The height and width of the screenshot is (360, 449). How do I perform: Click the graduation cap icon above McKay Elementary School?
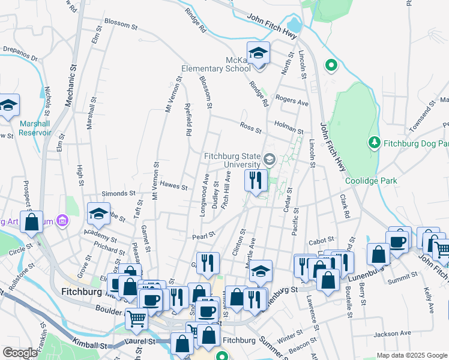[258, 53]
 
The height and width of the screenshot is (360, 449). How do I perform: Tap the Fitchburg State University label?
[231, 160]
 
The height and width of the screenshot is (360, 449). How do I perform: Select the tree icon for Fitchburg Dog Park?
[374, 143]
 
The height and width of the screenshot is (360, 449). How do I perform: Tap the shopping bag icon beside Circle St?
[32, 221]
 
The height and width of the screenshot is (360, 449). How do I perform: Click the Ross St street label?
[250, 130]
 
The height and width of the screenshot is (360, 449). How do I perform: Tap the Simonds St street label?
[118, 194]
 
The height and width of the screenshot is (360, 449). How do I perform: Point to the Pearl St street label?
[203, 236]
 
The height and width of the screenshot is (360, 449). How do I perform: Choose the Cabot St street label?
[321, 241]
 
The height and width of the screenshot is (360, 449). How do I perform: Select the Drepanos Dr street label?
[20, 54]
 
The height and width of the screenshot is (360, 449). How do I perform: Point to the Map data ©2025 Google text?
[412, 355]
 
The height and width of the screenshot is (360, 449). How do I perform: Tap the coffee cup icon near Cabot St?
[399, 240]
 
